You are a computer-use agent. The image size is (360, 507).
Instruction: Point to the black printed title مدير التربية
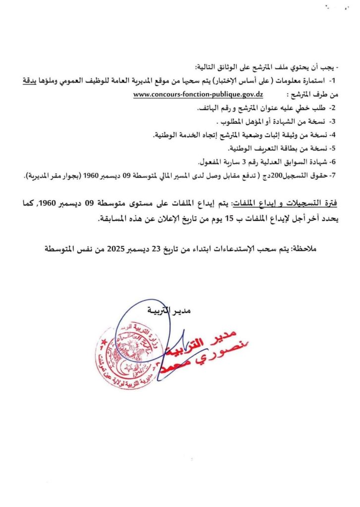[169, 310]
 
